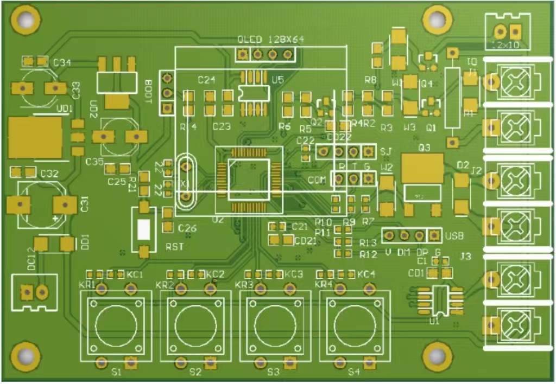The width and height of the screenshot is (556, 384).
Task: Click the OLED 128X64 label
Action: click(271, 40)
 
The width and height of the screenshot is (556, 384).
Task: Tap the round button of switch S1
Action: click(116, 325)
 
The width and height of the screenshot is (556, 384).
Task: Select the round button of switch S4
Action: click(354, 325)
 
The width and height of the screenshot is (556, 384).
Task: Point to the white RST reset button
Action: click(144, 229)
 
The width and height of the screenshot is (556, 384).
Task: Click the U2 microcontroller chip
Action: click(249, 180)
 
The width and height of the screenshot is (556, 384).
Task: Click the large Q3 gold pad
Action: click(422, 168)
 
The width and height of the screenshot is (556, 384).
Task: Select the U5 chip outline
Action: click(254, 93)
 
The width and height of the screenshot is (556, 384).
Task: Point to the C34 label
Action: click(62, 63)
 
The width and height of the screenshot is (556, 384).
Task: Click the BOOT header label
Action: click(149, 88)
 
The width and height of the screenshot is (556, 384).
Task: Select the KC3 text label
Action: click(294, 274)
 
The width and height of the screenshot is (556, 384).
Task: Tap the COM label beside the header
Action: click(317, 180)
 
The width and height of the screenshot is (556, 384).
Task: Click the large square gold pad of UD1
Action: click(35, 137)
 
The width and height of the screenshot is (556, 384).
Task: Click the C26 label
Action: click(187, 228)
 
